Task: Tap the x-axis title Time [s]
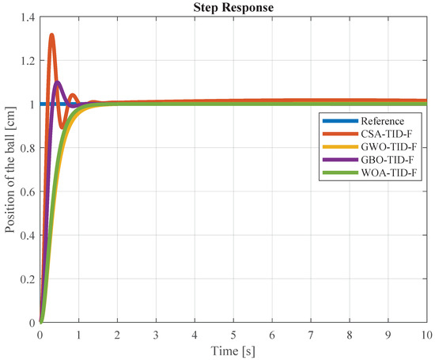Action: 234,349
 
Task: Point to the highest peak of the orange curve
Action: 52,35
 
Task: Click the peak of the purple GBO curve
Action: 58,81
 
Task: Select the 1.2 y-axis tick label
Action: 27,60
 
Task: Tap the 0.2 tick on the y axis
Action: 27,279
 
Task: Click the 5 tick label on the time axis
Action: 234,334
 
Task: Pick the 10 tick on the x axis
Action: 427,334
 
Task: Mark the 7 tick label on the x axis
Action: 312,334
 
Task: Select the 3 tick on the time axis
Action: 157,334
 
